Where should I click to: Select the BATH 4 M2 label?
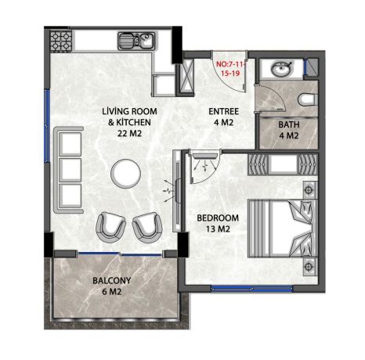tap(290, 129)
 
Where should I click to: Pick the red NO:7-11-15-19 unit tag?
tap(231, 66)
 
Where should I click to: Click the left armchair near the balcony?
tap(110, 227)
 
